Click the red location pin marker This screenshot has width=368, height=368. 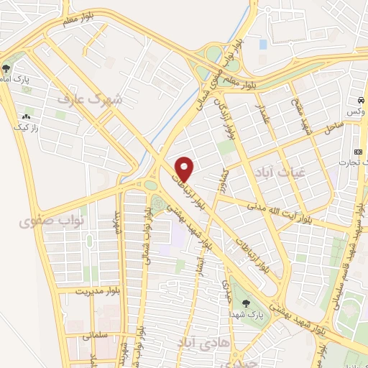pos(185,168)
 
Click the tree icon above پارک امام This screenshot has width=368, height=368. pos(6,69)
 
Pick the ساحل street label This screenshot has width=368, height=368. pos(333,129)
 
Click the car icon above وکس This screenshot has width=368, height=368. pos(360,101)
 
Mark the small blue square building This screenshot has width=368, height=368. pos(262,45)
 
